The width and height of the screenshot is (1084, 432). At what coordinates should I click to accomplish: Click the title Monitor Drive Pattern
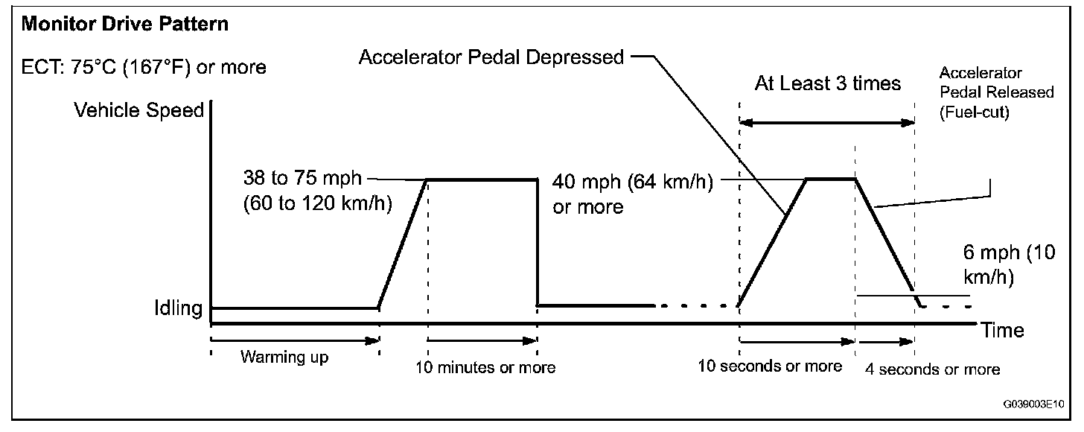(125, 25)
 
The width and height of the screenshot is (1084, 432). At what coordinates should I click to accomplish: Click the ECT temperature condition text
(144, 67)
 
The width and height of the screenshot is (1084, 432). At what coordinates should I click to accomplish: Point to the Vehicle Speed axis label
(139, 111)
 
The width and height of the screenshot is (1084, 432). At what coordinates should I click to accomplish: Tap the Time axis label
(1003, 330)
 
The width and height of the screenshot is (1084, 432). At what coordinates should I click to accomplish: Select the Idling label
(176, 308)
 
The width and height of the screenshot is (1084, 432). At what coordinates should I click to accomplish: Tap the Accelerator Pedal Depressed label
(491, 57)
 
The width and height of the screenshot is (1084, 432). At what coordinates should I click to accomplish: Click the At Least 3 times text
(827, 83)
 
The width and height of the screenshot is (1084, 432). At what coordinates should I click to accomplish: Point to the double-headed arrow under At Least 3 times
(826, 123)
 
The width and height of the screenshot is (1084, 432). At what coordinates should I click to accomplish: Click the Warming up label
(284, 357)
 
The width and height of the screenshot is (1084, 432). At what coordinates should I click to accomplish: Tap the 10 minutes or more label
(485, 367)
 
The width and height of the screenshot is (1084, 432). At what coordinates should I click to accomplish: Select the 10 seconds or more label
(770, 366)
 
